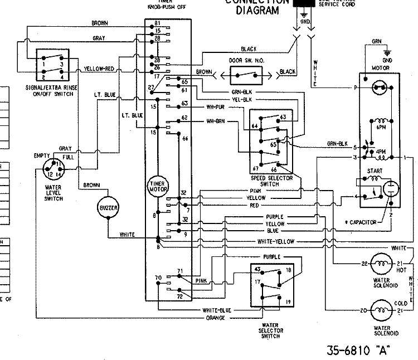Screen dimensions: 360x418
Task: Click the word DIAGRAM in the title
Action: [x=257, y=10]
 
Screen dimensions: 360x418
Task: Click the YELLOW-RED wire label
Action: [x=100, y=70]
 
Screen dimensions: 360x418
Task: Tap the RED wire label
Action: [x=254, y=205]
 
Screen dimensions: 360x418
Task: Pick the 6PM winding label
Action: [x=382, y=128]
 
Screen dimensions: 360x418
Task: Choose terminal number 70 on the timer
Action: [x=158, y=277]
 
